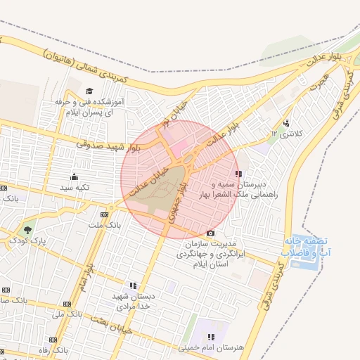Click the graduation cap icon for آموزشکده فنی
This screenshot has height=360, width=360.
click(89, 91)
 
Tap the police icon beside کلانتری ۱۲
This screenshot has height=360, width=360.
click(285, 123)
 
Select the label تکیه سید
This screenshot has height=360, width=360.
click(75, 188)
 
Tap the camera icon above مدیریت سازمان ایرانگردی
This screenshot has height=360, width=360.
click(210, 233)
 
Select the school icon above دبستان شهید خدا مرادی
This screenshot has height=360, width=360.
click(132, 285)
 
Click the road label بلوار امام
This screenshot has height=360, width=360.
click(88, 270)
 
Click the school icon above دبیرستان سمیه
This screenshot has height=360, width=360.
click(238, 173)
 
